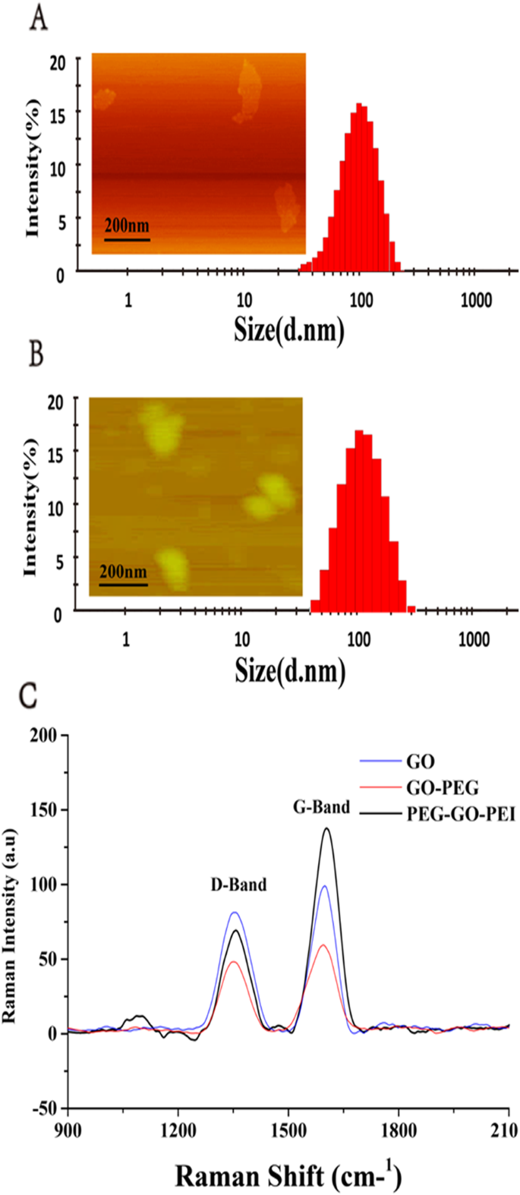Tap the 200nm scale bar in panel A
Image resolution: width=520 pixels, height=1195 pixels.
(127, 240)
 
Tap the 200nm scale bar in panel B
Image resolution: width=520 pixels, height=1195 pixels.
(123, 585)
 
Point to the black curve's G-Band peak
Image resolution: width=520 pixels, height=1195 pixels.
(327, 828)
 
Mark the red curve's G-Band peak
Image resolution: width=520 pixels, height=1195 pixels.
(323, 944)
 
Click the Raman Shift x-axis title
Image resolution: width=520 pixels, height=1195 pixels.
(288, 1175)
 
